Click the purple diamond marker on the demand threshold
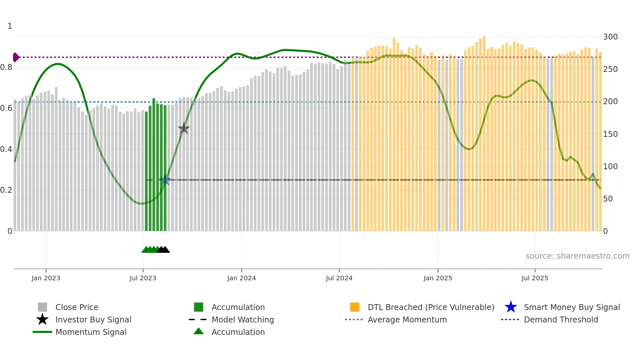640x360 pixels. (16, 57)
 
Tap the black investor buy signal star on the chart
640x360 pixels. (184, 128)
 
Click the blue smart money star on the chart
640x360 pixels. (165, 180)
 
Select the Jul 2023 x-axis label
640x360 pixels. (143, 278)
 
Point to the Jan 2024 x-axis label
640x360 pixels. (241, 278)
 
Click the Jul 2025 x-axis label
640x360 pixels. (535, 278)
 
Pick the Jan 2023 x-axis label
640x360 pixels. (46, 278)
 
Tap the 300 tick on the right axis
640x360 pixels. (610, 37)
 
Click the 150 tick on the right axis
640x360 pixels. (610, 134)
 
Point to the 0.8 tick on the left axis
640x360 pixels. (6, 67)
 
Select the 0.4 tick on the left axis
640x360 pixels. (6, 149)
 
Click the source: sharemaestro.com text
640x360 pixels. (577, 256)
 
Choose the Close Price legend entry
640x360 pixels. (77, 307)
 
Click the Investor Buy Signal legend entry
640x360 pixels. (93, 319)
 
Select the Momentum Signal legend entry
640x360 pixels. (91, 332)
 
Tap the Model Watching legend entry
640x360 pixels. (243, 319)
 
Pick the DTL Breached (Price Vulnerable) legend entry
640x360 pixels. (431, 307)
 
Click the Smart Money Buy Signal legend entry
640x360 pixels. (572, 307)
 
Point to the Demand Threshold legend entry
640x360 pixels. (561, 319)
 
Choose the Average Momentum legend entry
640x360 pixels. (407, 319)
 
